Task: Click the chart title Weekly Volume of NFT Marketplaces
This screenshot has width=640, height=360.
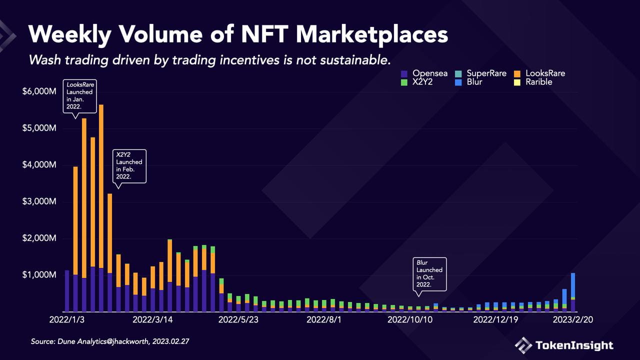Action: pyautogui.click(x=238, y=35)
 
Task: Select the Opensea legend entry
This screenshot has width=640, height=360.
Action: pyautogui.click(x=424, y=73)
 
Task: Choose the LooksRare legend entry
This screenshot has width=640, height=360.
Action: pyautogui.click(x=539, y=73)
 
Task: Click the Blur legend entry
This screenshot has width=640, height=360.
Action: pyautogui.click(x=468, y=82)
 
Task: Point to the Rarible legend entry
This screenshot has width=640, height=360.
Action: pyautogui.click(x=533, y=82)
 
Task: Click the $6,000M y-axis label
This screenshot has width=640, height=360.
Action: pyautogui.click(x=39, y=91)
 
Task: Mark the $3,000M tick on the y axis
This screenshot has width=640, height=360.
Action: pyautogui.click(x=39, y=201)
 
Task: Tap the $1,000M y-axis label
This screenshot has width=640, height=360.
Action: pyautogui.click(x=39, y=275)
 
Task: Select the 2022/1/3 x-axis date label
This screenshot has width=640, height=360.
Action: pyautogui.click(x=67, y=319)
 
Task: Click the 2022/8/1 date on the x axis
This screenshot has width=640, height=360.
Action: pyautogui.click(x=324, y=319)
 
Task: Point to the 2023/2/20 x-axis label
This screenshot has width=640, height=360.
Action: pyautogui.click(x=573, y=319)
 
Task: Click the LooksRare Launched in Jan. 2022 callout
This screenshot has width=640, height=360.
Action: pyautogui.click(x=79, y=96)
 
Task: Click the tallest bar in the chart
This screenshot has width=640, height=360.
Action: pyautogui.click(x=101, y=208)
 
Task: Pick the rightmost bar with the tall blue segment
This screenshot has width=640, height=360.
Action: pyautogui.click(x=573, y=292)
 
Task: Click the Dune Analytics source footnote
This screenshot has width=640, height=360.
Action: pyautogui.click(x=110, y=341)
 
